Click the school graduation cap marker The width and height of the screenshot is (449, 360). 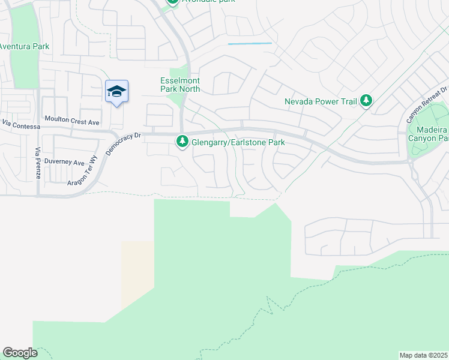click(116, 91)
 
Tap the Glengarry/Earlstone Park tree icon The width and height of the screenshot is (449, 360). click(182, 142)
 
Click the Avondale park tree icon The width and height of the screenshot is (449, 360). click(173, 2)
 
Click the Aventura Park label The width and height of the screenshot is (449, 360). click(24, 46)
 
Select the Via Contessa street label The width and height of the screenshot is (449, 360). click(21, 126)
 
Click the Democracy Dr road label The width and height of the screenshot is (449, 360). click(122, 143)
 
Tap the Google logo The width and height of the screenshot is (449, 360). click(20, 353)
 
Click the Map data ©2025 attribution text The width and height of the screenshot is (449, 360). click(424, 355)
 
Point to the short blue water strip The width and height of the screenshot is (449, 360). click(250, 44)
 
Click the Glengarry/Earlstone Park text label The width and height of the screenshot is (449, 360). click(238, 143)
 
